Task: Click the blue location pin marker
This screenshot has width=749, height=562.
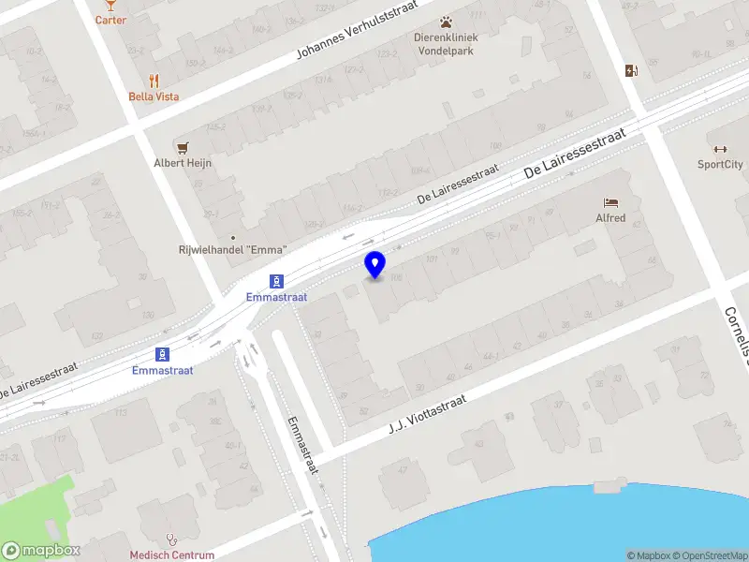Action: click(375, 264)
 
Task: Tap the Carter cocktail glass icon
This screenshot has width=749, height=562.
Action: click(110, 5)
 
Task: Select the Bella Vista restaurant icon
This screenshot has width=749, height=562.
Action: click(154, 81)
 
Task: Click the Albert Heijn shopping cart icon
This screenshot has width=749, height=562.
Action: click(183, 147)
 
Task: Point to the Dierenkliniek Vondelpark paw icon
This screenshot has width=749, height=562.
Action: click(446, 22)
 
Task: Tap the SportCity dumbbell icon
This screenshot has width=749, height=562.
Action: click(720, 149)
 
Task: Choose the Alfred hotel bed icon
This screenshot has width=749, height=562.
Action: click(610, 202)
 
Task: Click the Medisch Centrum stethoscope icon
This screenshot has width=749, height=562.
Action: click(171, 540)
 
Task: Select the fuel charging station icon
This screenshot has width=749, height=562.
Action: click(632, 69)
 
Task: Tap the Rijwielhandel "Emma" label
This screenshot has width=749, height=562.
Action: click(232, 249)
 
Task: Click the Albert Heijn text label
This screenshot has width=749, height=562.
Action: click(183, 162)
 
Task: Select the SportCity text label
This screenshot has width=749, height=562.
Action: click(720, 164)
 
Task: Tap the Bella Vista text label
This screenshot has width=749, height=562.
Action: click(154, 96)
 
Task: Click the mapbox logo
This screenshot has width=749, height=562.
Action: click(40, 551)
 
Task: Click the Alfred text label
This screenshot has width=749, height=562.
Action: click(610, 217)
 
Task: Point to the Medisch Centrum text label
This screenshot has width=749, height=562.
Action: click(171, 555)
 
